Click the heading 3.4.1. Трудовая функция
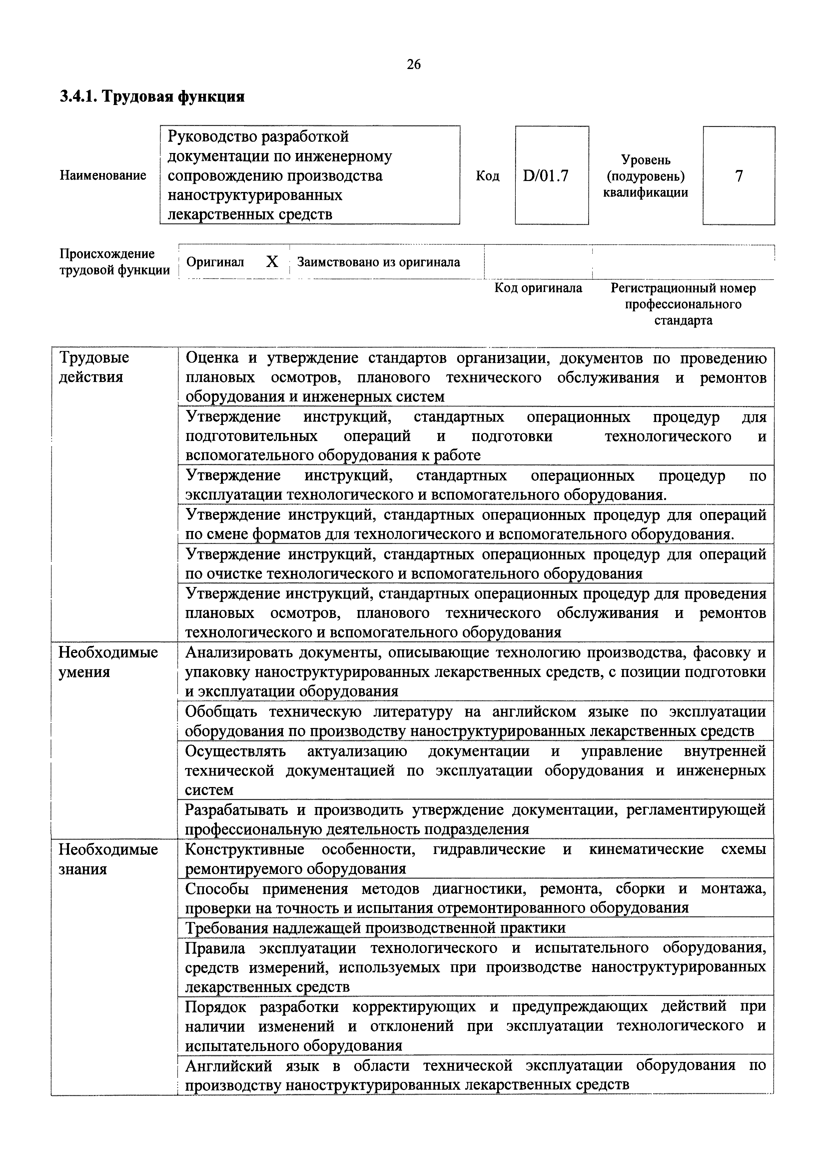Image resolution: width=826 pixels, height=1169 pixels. coord(152,96)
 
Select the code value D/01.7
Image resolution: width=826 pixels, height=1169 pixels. coord(545,176)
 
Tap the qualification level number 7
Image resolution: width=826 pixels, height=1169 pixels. coord(739,176)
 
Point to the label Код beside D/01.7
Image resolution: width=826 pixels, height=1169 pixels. coord(487,176)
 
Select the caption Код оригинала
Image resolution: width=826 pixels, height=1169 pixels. coord(538,288)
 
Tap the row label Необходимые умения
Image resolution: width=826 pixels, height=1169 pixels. coord(108,662)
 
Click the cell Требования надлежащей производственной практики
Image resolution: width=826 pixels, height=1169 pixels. coord(375,928)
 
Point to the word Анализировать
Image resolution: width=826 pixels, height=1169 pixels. coord(238,652)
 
